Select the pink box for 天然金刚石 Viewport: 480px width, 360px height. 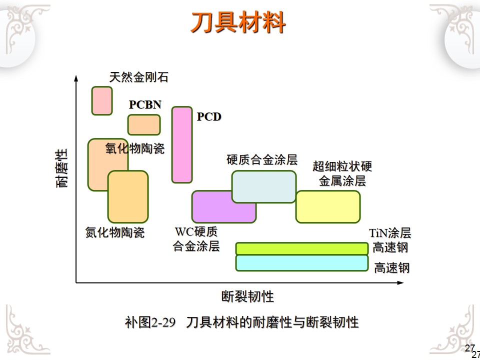coord(102,100)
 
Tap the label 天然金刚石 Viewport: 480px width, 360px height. coord(138,77)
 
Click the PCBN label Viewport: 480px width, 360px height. coord(145,105)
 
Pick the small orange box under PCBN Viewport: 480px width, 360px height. coord(144,125)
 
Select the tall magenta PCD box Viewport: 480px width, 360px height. coord(182,144)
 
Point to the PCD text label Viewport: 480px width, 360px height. coord(209,117)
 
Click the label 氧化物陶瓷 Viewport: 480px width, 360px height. coord(135,148)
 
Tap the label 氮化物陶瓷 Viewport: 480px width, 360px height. coord(115,232)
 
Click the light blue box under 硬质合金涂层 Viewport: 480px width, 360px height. coord(264,186)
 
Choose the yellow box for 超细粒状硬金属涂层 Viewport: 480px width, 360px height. coord(328,206)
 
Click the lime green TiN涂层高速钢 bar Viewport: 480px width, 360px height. coord(301,248)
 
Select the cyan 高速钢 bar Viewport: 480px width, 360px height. coord(301,263)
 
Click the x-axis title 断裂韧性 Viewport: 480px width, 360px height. coord(248,296)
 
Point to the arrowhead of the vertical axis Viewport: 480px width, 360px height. coord(76,77)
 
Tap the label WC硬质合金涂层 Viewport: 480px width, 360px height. coord(196,239)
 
